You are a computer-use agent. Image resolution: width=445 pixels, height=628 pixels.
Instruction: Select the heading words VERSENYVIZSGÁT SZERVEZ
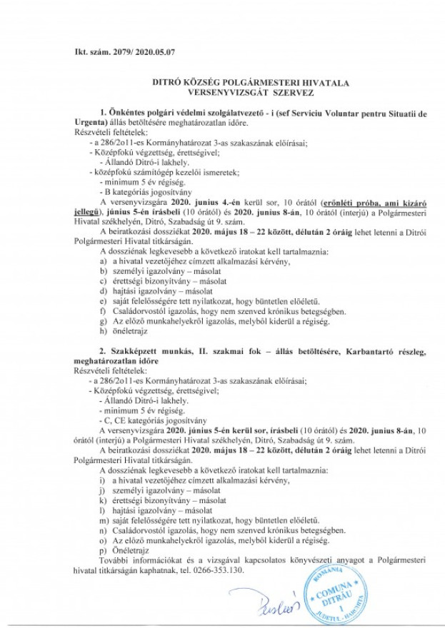pos(227,93)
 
